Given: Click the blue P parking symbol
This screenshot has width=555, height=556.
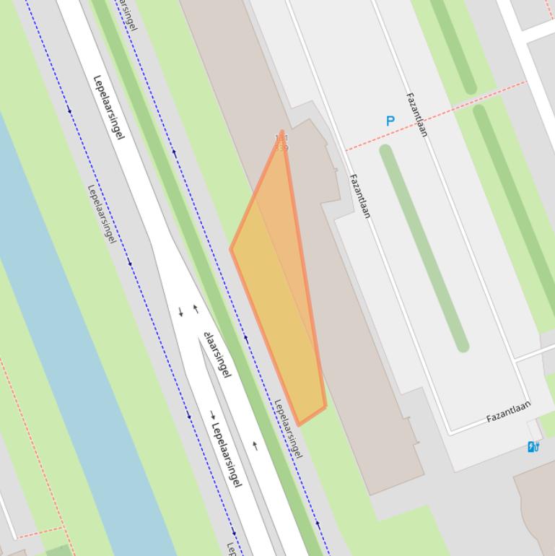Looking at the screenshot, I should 390,121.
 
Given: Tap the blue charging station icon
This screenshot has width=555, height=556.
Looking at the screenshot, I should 533,447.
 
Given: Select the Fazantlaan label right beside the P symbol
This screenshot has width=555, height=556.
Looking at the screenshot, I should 417,114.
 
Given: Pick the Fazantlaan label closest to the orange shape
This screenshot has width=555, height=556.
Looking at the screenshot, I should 359,196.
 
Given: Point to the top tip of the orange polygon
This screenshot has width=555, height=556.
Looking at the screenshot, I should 282,132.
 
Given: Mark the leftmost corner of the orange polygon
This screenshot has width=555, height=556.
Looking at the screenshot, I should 231,249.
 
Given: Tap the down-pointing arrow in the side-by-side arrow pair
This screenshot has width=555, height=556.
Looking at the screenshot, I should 180,312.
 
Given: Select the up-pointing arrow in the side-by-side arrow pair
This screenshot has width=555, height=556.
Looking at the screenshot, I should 196,309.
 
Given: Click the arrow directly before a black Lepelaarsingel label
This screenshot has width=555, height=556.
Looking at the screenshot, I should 213,414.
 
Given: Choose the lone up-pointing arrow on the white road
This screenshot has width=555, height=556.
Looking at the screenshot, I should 255,446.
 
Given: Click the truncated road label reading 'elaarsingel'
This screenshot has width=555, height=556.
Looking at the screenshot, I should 218,355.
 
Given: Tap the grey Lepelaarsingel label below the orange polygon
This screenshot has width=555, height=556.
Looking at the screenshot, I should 287,428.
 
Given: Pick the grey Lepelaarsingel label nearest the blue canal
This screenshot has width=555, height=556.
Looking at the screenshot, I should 102,214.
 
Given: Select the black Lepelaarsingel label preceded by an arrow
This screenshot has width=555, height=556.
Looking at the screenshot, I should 227,455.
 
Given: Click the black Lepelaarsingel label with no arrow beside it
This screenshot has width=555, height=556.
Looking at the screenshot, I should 109,107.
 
